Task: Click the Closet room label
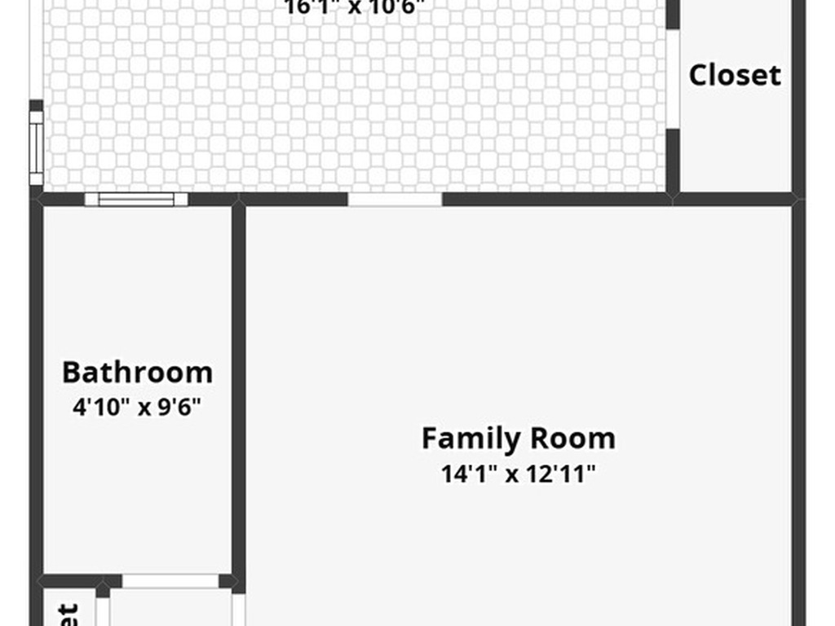coord(735,75)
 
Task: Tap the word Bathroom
coord(137,373)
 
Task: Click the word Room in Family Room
coord(573,439)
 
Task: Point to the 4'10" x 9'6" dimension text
coord(137,406)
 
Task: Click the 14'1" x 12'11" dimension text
coord(519,474)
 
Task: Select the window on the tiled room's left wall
coord(36,148)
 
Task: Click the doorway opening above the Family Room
coord(395,199)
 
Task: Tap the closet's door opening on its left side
coord(674,79)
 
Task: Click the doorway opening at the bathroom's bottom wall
coord(170,581)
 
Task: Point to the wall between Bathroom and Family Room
coord(238,391)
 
